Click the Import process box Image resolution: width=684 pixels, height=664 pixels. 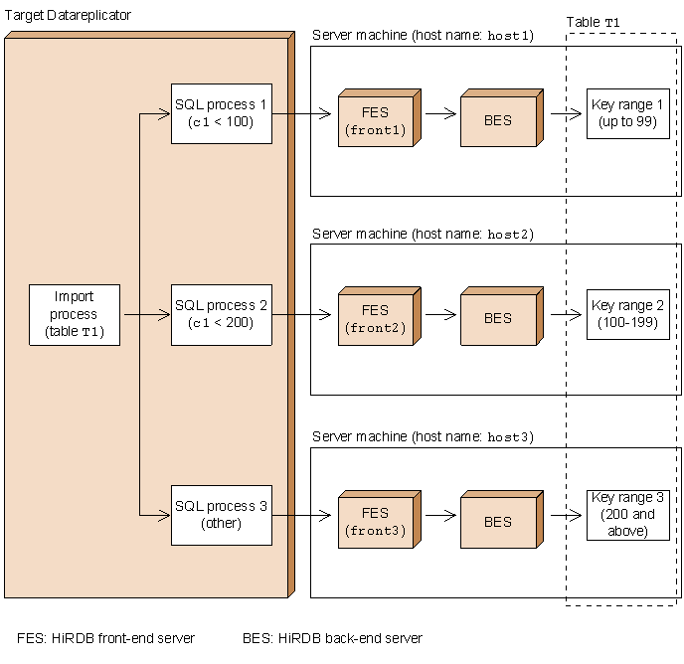[75, 315]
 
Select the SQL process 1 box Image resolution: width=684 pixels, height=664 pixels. [221, 113]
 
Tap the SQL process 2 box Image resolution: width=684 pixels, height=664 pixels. [221, 315]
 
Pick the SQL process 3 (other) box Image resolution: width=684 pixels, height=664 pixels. [221, 515]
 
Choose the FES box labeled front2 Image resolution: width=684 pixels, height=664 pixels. [375, 319]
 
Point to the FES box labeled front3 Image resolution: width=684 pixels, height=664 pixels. [375, 522]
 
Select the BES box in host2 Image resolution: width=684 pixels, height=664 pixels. [497, 319]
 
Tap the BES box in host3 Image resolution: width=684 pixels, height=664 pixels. [497, 522]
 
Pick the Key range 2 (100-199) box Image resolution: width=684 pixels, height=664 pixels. [627, 313]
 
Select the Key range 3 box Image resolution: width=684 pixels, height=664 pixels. [627, 515]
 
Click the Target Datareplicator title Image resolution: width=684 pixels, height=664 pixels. [68, 16]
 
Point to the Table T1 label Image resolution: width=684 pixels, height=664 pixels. [593, 22]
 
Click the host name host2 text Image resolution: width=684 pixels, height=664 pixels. [510, 235]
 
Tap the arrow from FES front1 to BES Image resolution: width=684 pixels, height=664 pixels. [441, 113]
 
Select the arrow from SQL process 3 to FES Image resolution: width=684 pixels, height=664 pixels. [301, 515]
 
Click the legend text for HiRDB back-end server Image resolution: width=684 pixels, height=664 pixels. [332, 638]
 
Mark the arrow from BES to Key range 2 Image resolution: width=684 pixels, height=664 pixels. [565, 314]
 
